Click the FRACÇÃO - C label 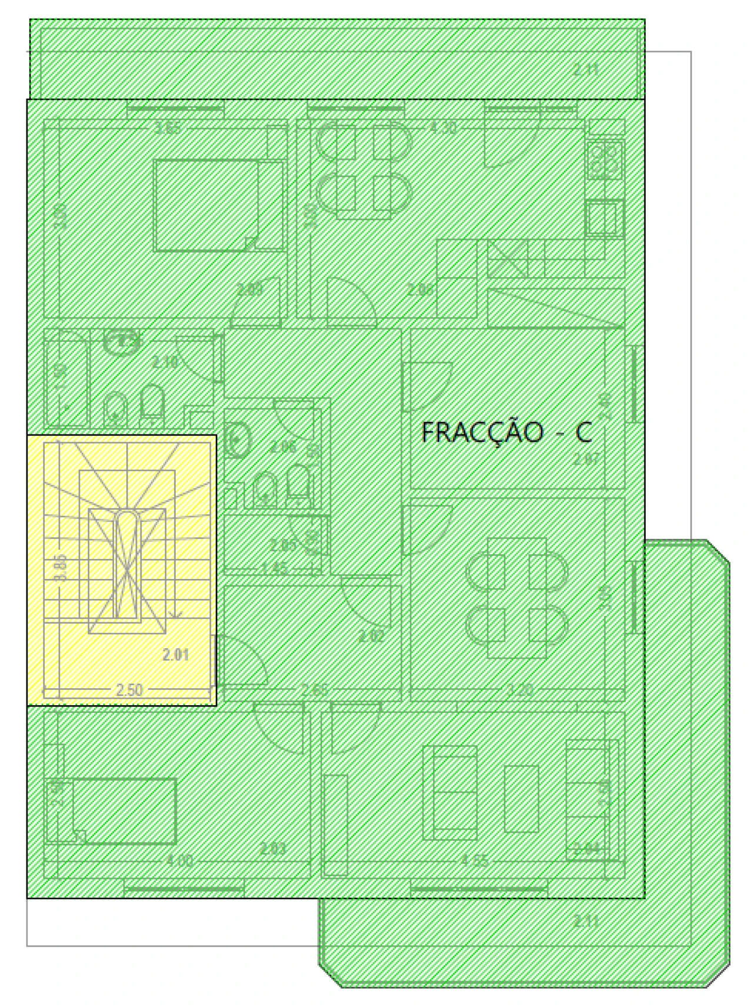point(506,433)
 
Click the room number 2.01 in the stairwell point(176,654)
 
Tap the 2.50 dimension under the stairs point(129,689)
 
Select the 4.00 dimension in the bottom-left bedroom point(179,861)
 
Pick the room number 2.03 point(273,848)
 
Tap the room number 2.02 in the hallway point(371,636)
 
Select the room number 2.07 point(587,459)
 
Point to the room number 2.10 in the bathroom point(165,362)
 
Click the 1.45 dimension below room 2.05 point(274,568)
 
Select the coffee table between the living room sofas point(521,798)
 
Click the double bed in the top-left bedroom point(207,206)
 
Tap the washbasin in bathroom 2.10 point(122,341)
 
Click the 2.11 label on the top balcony point(586,70)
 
